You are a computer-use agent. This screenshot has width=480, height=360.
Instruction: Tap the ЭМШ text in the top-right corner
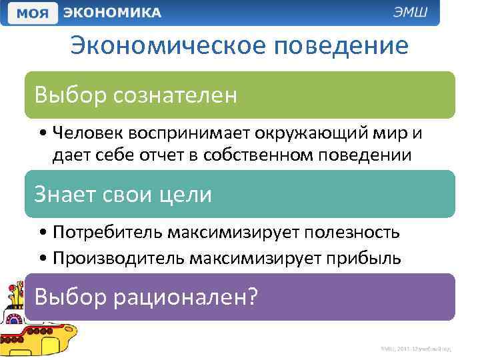pos(415,13)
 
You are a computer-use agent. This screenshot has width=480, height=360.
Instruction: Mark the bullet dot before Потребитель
pos(42,233)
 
